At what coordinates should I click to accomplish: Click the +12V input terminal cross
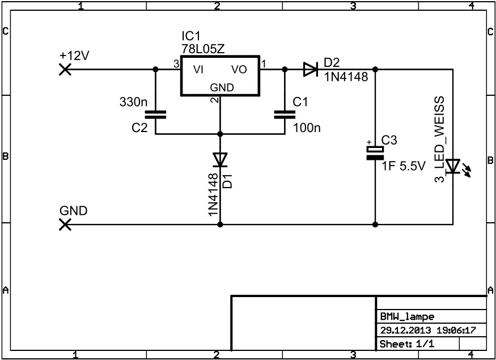(65, 69)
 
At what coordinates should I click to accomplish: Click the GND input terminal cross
(65, 225)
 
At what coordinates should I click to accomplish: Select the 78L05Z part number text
(203, 49)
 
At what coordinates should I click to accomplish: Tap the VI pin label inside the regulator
(198, 70)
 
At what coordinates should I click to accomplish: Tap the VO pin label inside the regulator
(239, 70)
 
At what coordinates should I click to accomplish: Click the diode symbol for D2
(310, 69)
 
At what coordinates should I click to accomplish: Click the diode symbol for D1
(219, 160)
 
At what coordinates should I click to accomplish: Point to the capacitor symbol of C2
(155, 114)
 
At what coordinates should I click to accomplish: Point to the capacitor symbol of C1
(285, 114)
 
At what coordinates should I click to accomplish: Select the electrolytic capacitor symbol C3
(375, 153)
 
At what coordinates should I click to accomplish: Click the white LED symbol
(453, 166)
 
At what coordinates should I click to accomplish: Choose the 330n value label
(133, 103)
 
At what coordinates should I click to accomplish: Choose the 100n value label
(307, 128)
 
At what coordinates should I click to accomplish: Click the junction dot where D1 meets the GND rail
(219, 225)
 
